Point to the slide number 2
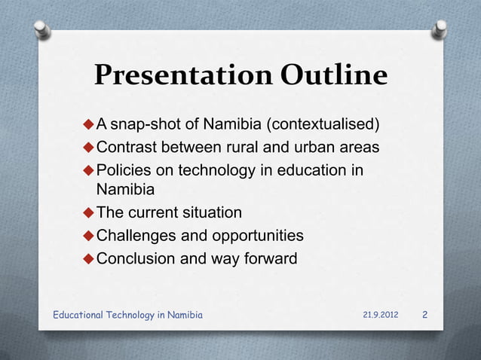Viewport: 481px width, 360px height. (x=425, y=314)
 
